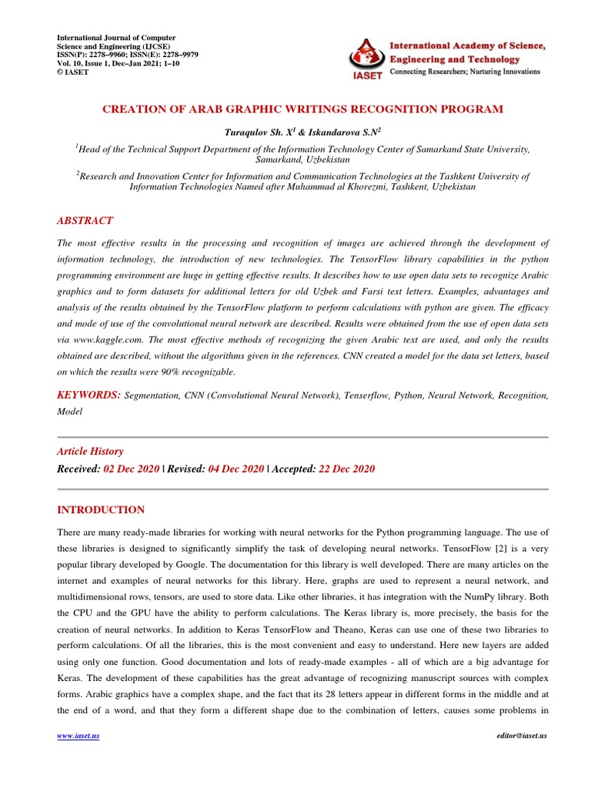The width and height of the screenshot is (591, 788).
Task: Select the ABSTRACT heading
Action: pyautogui.click(x=85, y=220)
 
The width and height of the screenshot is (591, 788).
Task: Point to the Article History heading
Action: pyautogui.click(x=90, y=452)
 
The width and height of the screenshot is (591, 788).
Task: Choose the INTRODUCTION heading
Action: pyautogui.click(x=101, y=510)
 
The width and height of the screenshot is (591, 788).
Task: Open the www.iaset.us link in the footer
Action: pyautogui.click(x=79, y=736)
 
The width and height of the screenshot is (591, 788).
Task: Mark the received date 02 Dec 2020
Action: pyautogui.click(x=131, y=469)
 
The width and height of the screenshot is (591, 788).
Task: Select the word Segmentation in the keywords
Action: pyautogui.click(x=152, y=396)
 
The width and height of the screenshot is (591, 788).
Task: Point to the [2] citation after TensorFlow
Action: pyautogui.click(x=474, y=549)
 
